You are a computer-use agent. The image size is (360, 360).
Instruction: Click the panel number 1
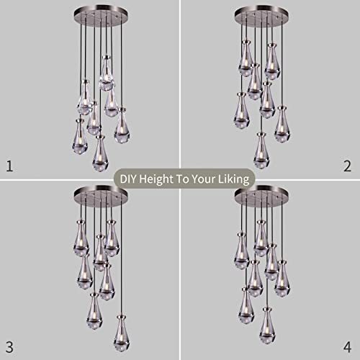coord(9,166)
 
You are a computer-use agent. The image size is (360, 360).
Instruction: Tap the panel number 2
coord(348,166)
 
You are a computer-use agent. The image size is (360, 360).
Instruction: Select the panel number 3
coord(9,347)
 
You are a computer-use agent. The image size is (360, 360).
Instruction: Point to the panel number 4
coord(348,347)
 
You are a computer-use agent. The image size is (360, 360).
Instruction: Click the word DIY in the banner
coord(128,179)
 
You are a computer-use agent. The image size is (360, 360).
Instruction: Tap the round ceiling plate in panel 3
coord(101,194)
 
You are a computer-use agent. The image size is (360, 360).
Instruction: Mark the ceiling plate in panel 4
coord(262,194)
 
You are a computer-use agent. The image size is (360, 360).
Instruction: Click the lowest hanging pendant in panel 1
coord(100,153)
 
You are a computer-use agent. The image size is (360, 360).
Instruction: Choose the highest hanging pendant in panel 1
coord(107,73)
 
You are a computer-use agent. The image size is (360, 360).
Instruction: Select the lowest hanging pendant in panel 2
coord(261,150)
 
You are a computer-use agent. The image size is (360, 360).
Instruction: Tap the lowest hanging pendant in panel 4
coord(267,325)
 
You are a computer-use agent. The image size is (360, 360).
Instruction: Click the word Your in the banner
coord(204,179)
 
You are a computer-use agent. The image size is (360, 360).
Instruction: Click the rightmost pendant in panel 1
coord(122,125)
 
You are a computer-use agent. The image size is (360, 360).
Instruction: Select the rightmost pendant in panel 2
coord(282,124)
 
